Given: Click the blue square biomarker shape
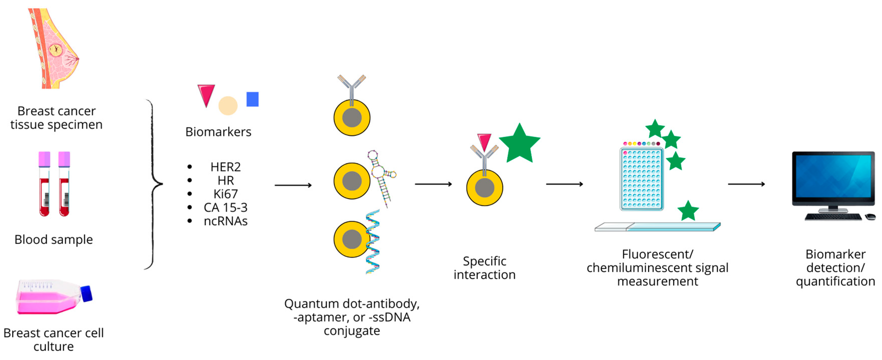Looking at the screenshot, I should pyautogui.click(x=252, y=99).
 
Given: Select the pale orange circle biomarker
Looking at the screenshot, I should pyautogui.click(x=228, y=106).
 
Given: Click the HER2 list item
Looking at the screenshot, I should pyautogui.click(x=225, y=167).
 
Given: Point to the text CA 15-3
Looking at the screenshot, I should pyautogui.click(x=225, y=207).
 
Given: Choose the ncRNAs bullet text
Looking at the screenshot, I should pyautogui.click(x=225, y=221).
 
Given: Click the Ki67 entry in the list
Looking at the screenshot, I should pyautogui.click(x=225, y=194).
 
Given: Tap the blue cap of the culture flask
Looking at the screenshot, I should pyautogui.click(x=87, y=294).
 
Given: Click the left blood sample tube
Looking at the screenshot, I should pyautogui.click(x=44, y=184).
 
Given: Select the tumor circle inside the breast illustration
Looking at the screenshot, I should pyautogui.click(x=56, y=50).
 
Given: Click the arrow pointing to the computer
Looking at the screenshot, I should pyautogui.click(x=746, y=184).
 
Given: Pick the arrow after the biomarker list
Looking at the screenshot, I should pyautogui.click(x=293, y=185).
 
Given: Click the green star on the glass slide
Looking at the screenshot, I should pyautogui.click(x=688, y=211).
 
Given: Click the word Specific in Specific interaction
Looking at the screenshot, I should pyautogui.click(x=484, y=261).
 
